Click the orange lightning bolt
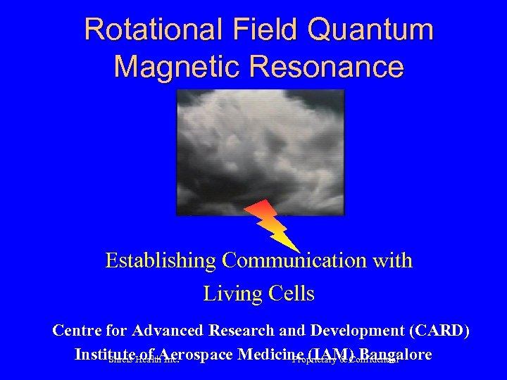click(270, 223)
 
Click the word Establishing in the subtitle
click(161, 261)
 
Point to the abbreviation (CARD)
click(442, 330)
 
